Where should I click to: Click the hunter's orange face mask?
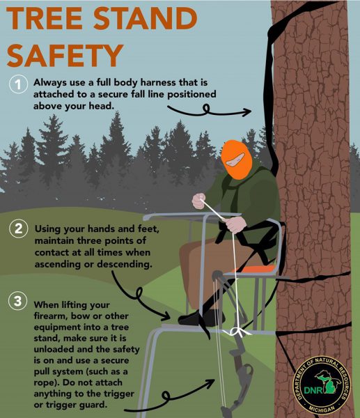coord(237,160)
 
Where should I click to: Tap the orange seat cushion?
coord(262,265)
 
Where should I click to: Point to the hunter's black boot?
coord(192,317)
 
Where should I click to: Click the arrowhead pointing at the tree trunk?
coord(247,111)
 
